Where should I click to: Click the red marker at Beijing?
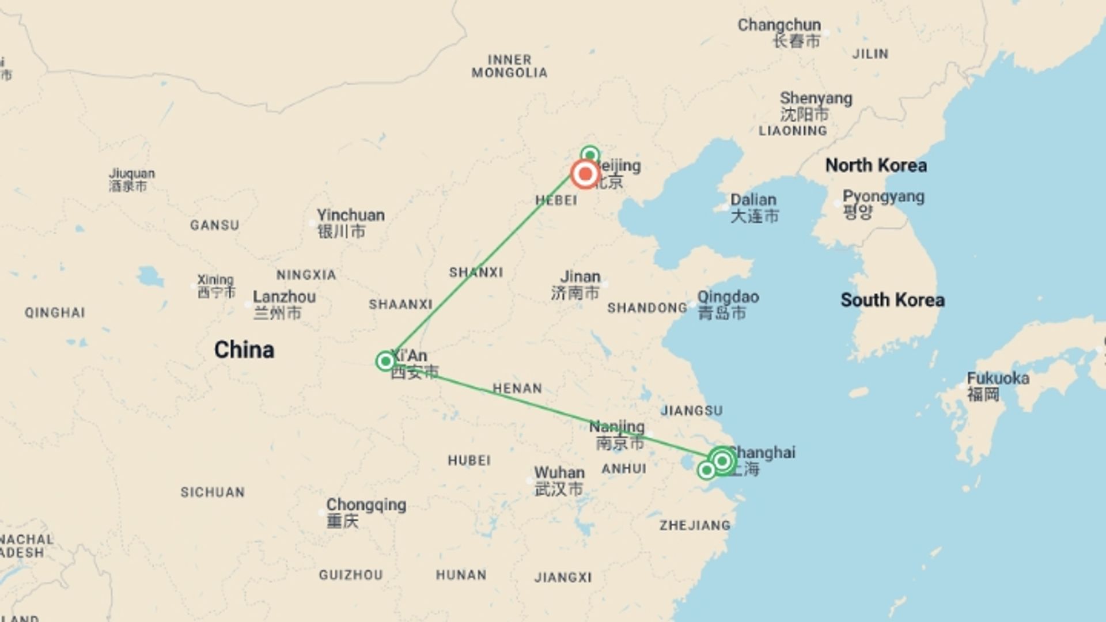[585, 174]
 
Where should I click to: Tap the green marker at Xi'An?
[385, 361]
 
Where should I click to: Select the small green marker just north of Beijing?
[590, 154]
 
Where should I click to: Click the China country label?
[244, 350]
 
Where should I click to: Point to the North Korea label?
[876, 165]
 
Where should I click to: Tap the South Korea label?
[892, 300]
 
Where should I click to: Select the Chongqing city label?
[366, 505]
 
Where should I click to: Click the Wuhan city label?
[559, 473]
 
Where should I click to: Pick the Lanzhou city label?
[284, 297]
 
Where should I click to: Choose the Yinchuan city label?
[350, 215]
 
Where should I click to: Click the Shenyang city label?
[816, 98]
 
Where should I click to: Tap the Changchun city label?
[779, 25]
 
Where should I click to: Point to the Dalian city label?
[753, 200]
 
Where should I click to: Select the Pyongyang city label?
[883, 196]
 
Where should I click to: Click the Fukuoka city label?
[998, 378]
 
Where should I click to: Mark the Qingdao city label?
[728, 297]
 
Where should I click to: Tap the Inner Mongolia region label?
[509, 66]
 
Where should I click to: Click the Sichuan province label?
[213, 492]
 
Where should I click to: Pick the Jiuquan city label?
[132, 173]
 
